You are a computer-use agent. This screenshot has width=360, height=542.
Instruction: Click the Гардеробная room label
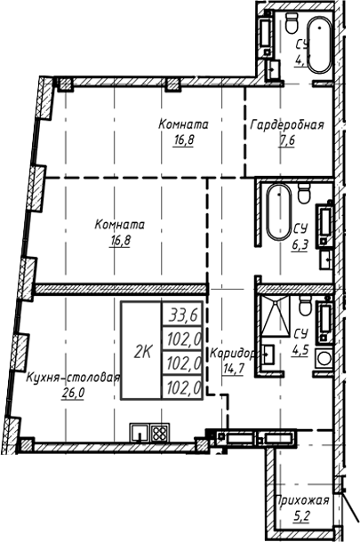coord(285,124)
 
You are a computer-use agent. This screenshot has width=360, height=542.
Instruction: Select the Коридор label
coord(233,354)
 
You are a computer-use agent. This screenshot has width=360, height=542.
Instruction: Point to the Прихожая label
coord(302,500)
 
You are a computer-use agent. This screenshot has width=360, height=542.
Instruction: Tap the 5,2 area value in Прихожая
coord(302,516)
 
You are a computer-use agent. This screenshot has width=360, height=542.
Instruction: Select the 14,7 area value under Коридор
coord(233,369)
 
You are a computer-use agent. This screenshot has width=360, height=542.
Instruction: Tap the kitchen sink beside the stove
coord(140,434)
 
